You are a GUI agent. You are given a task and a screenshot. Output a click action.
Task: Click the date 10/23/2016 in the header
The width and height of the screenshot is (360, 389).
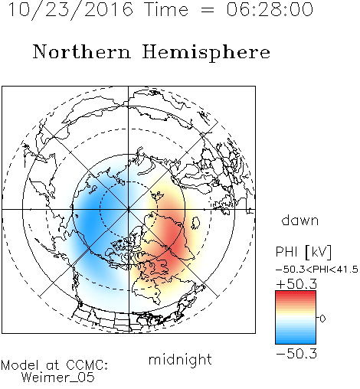coord(70,10)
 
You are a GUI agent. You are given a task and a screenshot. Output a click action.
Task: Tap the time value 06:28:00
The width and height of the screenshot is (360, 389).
coord(270,9)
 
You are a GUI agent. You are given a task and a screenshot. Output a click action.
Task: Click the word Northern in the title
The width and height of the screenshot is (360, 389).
coord(82,51)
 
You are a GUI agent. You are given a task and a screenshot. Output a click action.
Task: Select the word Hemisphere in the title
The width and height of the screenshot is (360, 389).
coord(206,53)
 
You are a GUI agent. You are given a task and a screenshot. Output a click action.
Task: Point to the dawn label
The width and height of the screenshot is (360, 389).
coord(300,220)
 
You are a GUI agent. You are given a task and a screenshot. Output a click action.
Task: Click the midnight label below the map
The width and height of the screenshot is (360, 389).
coord(180,360)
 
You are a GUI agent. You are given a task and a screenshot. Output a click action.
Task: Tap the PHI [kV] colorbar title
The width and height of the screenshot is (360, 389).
coord(303,252)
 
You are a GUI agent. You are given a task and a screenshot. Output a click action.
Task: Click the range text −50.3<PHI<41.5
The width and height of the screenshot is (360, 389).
coord(317,270)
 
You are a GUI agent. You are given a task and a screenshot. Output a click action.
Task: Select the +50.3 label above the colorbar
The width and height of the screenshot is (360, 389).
coord(296,284)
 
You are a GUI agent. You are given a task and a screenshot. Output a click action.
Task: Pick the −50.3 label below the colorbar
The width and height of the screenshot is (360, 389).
coord(296,354)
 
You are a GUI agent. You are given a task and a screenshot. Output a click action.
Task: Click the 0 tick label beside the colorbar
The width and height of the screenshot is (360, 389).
coord(322,319)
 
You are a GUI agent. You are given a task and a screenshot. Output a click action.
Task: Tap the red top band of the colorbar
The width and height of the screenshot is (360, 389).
coord(296,294)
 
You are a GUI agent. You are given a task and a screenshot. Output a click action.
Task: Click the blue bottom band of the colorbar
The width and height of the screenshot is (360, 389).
coord(296,341)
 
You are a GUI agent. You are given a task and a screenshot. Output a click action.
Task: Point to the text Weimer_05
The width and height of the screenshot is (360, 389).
coord(58,378)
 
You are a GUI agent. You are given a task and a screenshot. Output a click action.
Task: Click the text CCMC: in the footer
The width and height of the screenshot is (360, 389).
coord(87,365)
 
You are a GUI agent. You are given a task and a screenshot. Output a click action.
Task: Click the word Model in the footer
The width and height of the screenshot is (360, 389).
coord(20,365)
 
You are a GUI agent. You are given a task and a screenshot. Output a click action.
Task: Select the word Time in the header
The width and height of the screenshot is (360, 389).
coord(166,10)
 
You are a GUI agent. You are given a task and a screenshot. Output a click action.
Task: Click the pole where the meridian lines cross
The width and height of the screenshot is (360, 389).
coord(129,209)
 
